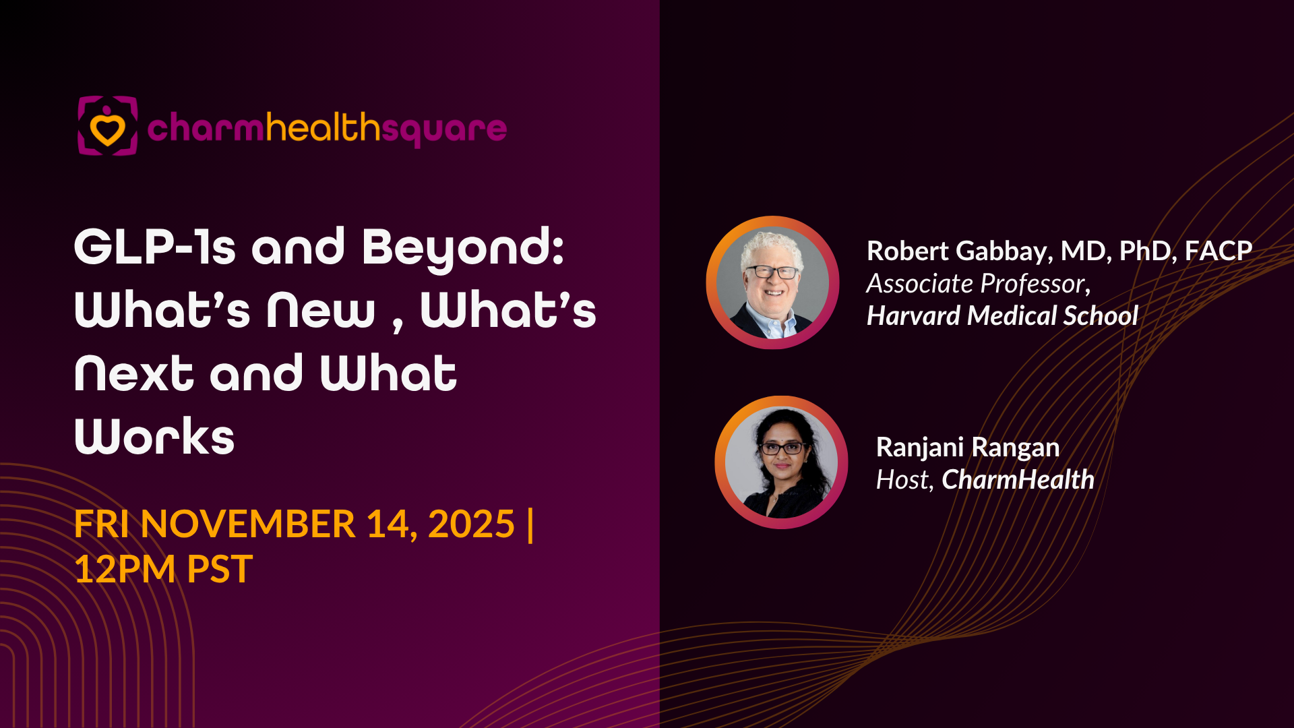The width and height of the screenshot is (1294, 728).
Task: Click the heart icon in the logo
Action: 108,129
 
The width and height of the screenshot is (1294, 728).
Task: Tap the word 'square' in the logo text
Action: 444,130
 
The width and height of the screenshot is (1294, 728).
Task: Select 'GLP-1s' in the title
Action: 155,247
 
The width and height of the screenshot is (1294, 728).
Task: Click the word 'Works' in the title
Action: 154,437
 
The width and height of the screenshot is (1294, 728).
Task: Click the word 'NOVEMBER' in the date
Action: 247,524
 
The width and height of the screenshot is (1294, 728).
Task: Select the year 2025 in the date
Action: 471,524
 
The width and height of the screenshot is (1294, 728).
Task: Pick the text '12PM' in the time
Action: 125,569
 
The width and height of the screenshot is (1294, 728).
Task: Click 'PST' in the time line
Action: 220,569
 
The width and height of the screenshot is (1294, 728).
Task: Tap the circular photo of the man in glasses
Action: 772,282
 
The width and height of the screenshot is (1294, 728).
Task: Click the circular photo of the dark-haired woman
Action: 782,462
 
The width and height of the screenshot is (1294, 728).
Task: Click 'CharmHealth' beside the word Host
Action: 1018,479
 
